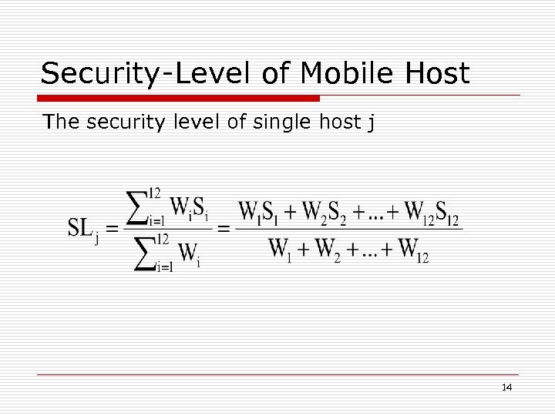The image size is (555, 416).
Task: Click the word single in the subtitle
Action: click(x=277, y=122)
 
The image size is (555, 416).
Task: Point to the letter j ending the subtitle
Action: click(x=372, y=123)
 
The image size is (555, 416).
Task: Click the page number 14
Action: click(x=506, y=387)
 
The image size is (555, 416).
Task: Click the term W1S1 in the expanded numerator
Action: click(x=259, y=211)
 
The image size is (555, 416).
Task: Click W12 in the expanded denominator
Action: click(x=411, y=250)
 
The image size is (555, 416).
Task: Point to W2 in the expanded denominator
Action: click(x=333, y=250)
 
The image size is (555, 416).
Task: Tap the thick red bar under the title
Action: click(x=179, y=99)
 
